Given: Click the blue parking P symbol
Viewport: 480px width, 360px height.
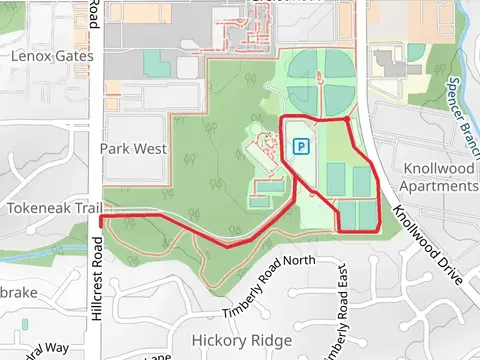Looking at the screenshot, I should pyautogui.click(x=299, y=147).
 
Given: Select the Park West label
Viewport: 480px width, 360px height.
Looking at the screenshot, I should pyautogui.click(x=133, y=149).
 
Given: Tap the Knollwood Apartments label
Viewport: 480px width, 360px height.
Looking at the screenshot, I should pyautogui.click(x=437, y=177).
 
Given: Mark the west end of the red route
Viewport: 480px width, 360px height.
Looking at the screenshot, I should pyautogui.click(x=101, y=216).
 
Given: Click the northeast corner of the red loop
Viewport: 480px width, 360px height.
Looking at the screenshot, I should pyautogui.click(x=346, y=119).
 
